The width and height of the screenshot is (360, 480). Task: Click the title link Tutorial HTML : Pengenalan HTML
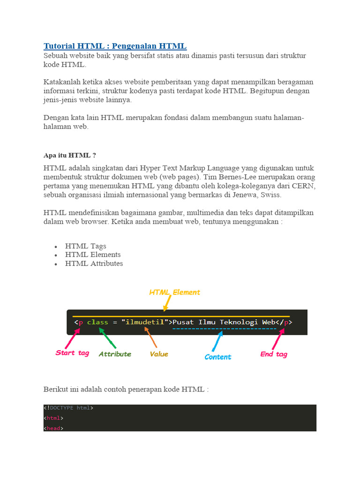click(x=115, y=46)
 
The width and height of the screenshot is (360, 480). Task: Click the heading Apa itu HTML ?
click(x=69, y=155)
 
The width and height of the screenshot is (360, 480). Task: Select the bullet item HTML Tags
click(x=86, y=246)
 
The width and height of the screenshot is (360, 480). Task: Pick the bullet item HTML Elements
click(x=93, y=255)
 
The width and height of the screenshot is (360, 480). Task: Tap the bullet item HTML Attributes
click(x=94, y=263)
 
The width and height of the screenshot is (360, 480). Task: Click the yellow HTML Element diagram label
click(x=174, y=292)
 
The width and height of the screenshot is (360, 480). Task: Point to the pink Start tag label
click(x=72, y=353)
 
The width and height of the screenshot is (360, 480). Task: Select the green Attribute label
click(x=115, y=354)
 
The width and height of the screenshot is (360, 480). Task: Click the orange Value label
click(x=159, y=354)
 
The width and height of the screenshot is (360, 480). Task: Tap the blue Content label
click(x=218, y=357)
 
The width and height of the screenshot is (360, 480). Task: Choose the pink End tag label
click(x=274, y=354)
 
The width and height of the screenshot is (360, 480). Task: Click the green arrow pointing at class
click(x=107, y=337)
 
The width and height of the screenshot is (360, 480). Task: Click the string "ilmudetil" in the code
click(x=145, y=322)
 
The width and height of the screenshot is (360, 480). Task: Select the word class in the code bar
click(x=97, y=322)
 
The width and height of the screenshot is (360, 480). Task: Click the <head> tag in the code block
click(x=53, y=428)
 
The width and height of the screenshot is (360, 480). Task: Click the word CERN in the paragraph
click(x=305, y=186)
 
